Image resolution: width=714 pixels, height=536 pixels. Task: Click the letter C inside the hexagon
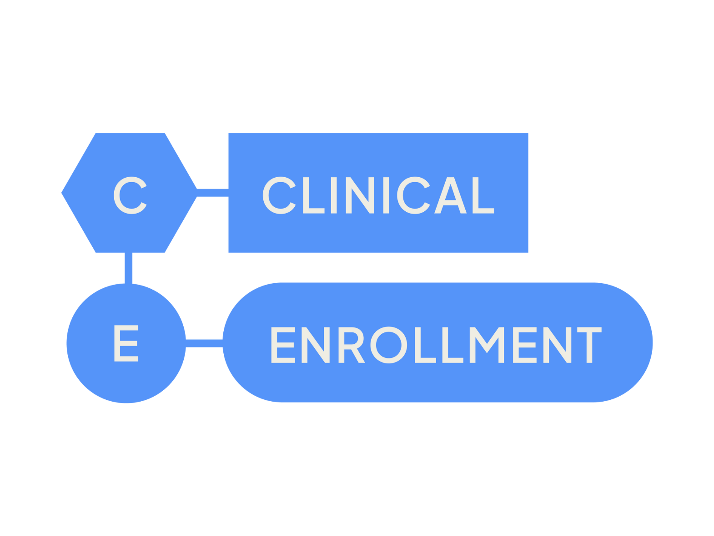[x=130, y=195]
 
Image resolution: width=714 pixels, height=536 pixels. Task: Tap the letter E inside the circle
[x=126, y=343]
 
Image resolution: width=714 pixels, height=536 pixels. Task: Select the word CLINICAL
[x=378, y=195]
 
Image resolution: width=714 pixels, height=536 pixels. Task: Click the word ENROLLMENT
[x=436, y=345]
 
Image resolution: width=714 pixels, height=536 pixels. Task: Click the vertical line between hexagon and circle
[x=129, y=268]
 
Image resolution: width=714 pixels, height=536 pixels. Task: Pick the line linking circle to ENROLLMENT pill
[x=204, y=343]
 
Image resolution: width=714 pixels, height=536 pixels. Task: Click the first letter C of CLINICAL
[x=279, y=195]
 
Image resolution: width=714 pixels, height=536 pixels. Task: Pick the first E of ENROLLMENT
[x=283, y=345]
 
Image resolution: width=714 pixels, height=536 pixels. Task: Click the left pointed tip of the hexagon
[x=62, y=193]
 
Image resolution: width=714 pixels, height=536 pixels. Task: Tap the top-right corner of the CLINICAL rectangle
[x=528, y=133]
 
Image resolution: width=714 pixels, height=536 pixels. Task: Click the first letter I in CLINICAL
[x=333, y=195]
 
